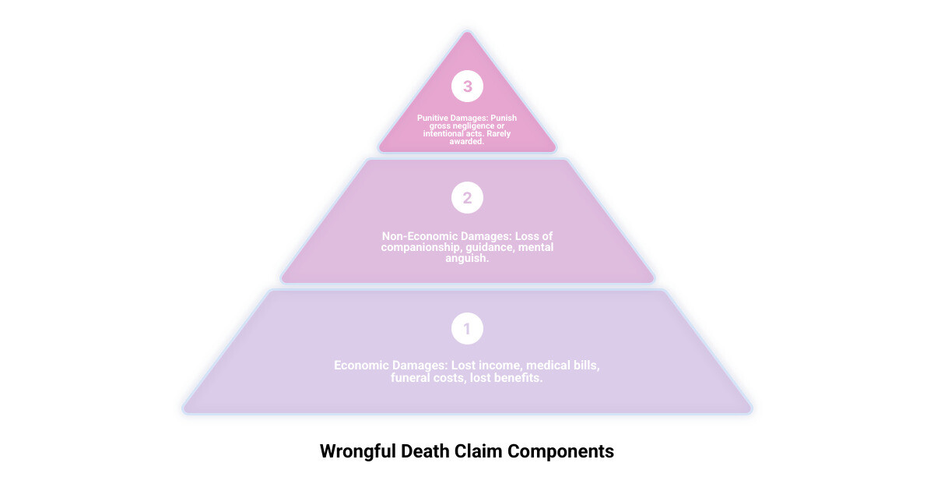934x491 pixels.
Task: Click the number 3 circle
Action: point(467,87)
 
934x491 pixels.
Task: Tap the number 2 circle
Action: point(467,198)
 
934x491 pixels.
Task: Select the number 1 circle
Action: point(467,329)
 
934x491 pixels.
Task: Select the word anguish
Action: point(466,258)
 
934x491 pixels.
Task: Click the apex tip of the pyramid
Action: point(467,34)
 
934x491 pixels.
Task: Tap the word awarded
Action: point(467,142)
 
